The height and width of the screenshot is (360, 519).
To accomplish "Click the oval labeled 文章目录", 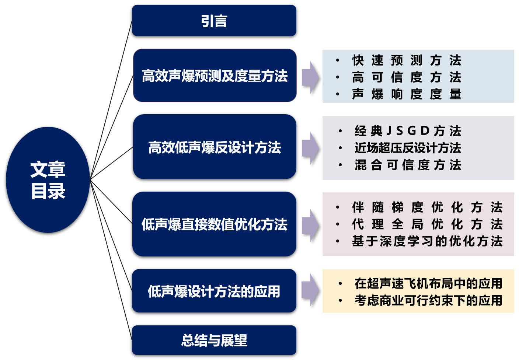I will (48, 180).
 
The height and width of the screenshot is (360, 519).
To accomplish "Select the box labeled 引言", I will (214, 21).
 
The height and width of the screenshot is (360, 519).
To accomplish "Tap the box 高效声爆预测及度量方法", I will (215, 76).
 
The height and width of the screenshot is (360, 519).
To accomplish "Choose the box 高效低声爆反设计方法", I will (215, 147).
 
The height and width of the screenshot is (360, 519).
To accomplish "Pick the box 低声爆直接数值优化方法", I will (214, 224).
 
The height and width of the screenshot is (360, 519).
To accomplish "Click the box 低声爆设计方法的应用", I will (214, 291).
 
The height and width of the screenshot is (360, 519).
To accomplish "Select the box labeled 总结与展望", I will (214, 340).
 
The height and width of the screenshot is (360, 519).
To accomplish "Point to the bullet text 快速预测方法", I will (407, 60).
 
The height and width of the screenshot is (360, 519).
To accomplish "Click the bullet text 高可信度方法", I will (407, 77).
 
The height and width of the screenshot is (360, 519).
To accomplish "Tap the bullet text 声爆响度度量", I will (407, 94).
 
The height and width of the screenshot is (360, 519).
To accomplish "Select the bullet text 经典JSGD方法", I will (408, 131).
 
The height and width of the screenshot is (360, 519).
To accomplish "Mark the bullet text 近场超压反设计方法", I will (408, 148).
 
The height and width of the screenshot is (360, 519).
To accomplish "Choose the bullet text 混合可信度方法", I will (408, 165).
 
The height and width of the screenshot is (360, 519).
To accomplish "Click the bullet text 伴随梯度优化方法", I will (427, 207).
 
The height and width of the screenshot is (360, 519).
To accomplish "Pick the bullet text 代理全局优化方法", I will (427, 224).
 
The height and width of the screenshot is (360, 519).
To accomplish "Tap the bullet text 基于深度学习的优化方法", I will (427, 241).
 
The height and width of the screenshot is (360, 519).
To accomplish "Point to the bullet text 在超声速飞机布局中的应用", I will (428, 283).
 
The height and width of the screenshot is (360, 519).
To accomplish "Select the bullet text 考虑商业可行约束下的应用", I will (428, 300).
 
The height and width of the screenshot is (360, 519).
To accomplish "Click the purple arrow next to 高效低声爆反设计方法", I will (310, 148).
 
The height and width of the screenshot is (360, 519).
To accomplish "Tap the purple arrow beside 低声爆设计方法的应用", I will (310, 290).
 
